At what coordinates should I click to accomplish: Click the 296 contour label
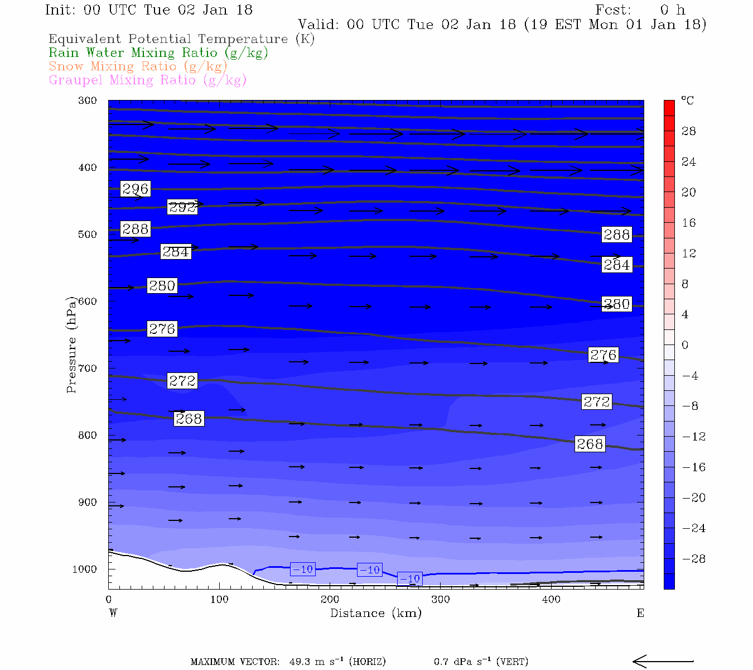136,189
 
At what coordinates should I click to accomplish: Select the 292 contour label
182,207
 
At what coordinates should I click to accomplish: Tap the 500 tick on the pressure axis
87,234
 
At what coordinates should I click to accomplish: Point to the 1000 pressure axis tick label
84,569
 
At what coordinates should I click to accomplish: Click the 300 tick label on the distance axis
441,600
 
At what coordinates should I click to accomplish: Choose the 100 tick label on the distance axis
219,600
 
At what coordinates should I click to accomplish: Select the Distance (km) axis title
375,613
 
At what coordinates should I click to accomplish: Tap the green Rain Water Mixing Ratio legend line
158,53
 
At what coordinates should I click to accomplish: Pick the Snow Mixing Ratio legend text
138,66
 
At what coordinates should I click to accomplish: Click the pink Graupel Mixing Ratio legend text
147,80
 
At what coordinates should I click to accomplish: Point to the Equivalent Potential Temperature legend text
181,39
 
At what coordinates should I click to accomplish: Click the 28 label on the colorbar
689,131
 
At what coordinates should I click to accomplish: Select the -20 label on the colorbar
694,498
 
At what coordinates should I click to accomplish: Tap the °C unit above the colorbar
687,100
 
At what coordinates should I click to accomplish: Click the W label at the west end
113,613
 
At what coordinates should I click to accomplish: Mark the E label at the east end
640,613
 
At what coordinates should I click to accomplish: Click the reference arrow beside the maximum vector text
663,662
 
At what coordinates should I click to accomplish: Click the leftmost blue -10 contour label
303,569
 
